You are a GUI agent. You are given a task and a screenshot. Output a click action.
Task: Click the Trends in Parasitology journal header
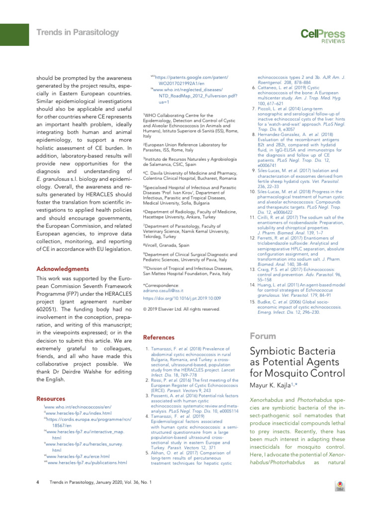pos(78,33)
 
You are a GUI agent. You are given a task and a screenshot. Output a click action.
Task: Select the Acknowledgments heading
pos(63,269)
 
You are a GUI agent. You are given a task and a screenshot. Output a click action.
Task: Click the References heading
pos(156,337)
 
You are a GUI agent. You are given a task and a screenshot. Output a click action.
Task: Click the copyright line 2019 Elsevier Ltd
pos(174,309)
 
